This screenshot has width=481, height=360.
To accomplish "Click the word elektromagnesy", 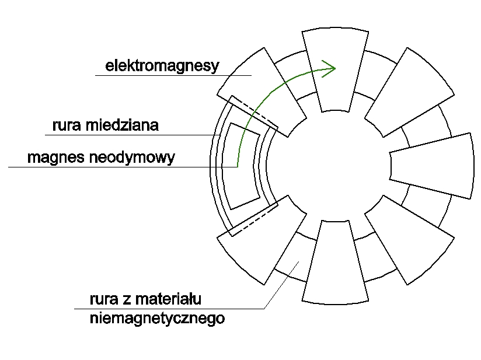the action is point(162,66).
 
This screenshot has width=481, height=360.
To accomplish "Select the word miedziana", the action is point(122,125).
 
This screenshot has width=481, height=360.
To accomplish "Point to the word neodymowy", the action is point(132,158).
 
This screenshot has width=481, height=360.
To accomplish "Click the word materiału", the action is point(168,299).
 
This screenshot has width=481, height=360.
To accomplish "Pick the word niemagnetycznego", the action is point(158,319).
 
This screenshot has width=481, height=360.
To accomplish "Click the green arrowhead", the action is point(329,69).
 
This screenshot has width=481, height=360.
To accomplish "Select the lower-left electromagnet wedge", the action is point(262,240).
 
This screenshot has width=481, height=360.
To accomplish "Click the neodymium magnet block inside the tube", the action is point(241,166).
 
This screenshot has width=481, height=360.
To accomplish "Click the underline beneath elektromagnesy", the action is point(173,75).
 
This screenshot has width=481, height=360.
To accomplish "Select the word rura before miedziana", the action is point(67,125).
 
